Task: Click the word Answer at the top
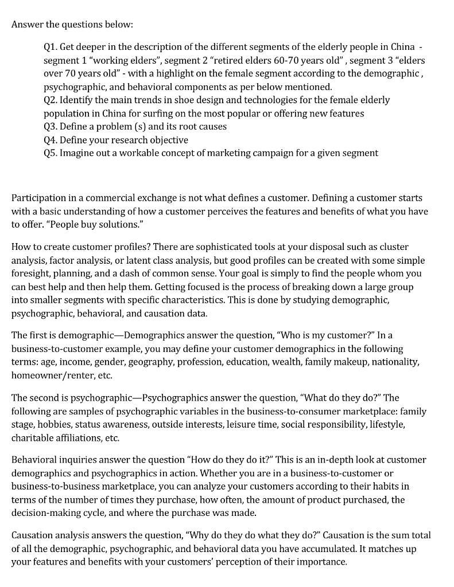(x=27, y=25)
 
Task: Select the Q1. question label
(x=51, y=46)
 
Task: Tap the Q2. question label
(x=51, y=100)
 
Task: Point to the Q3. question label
(x=51, y=126)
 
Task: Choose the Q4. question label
(x=51, y=140)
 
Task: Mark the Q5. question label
(x=51, y=153)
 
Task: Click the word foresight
(x=32, y=273)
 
